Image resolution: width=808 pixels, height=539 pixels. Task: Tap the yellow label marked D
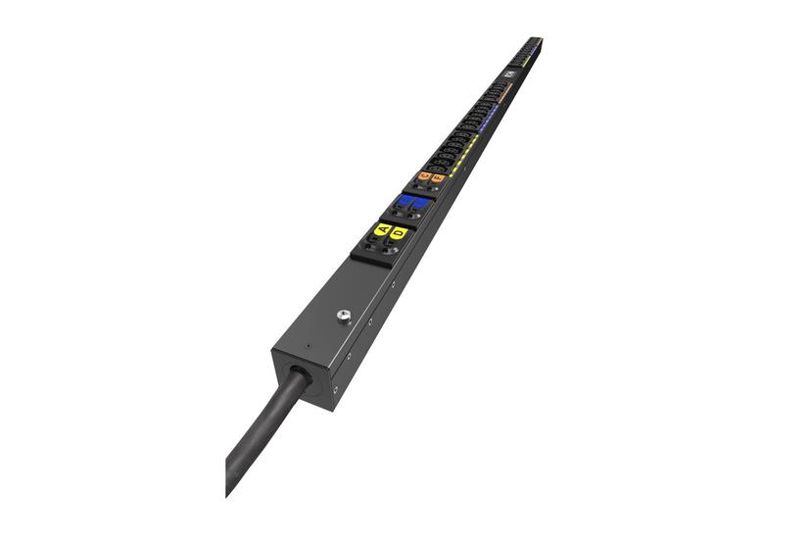click(399, 233)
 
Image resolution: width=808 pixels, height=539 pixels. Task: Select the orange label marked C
click(424, 176)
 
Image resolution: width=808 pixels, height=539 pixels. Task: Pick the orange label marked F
click(437, 179)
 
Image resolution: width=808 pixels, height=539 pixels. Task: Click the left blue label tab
click(404, 201)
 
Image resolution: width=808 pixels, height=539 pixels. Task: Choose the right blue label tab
click(419, 204)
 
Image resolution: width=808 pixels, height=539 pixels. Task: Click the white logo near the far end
click(509, 75)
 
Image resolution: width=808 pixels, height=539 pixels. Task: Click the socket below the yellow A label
click(372, 247)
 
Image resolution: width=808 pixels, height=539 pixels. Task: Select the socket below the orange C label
click(418, 185)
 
